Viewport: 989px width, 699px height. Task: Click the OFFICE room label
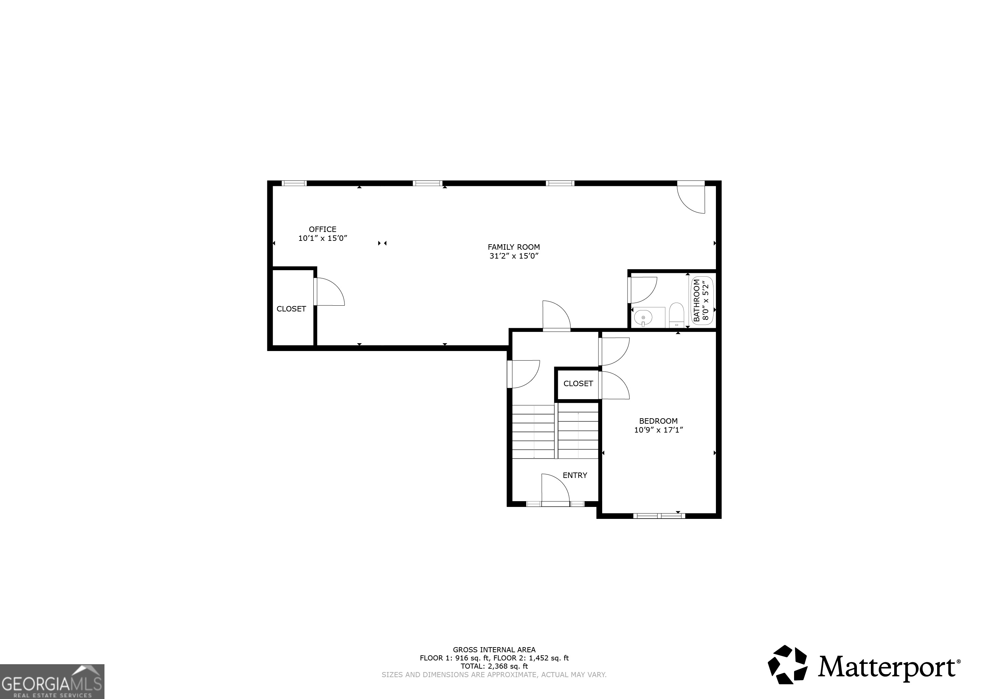click(x=322, y=229)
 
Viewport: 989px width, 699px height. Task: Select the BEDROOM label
click(x=658, y=421)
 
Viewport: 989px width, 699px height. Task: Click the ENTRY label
click(x=575, y=475)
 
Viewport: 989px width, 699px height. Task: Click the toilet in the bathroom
click(x=676, y=315)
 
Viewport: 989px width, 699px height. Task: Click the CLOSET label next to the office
click(x=291, y=309)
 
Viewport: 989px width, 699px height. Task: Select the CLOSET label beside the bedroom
click(x=578, y=383)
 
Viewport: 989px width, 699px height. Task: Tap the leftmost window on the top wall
click(x=294, y=183)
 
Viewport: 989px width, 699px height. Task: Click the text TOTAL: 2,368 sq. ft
click(x=494, y=666)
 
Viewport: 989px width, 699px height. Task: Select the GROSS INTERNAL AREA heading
click(x=494, y=650)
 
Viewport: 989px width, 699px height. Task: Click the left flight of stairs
click(x=533, y=432)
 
